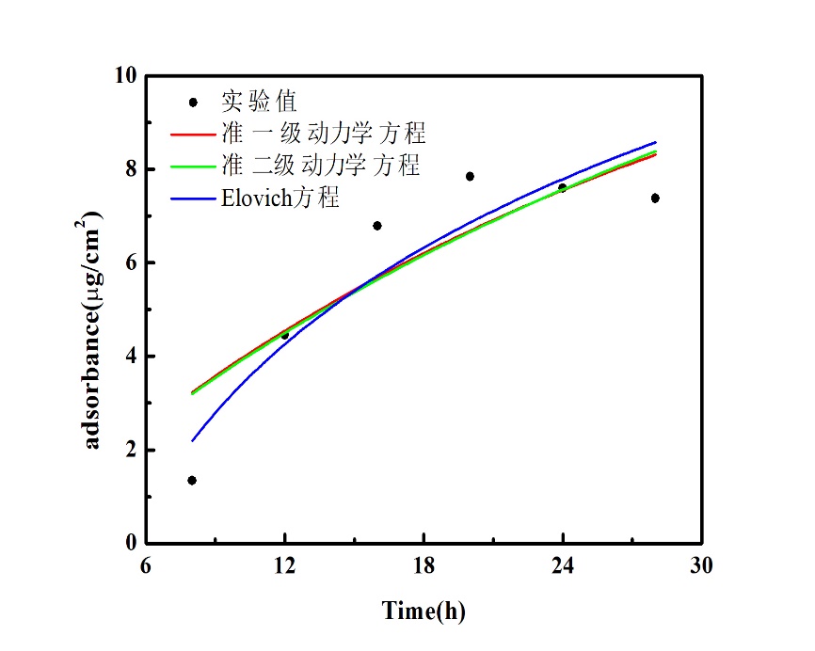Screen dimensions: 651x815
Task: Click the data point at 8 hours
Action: point(192,481)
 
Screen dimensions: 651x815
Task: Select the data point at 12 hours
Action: point(284,335)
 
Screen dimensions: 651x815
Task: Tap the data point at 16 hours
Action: point(377,226)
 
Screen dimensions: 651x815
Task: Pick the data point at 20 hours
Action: point(470,176)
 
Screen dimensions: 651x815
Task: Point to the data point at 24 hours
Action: point(563,188)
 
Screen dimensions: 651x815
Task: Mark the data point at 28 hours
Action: point(655,198)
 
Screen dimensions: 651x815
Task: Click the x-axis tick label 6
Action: point(146,566)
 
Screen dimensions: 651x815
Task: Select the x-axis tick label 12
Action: point(284,566)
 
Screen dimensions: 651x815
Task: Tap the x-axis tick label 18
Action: point(423,566)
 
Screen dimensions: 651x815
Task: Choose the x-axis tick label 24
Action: point(563,566)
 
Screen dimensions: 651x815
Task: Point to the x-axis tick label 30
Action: point(701,566)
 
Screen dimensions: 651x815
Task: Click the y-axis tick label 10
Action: point(124,76)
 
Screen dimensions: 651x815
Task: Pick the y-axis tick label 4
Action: point(130,357)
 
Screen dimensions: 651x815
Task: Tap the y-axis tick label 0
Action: point(130,544)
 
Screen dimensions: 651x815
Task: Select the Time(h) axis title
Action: point(423,611)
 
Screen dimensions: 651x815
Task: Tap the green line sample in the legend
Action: point(192,167)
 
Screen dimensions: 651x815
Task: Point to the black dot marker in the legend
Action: point(193,102)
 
